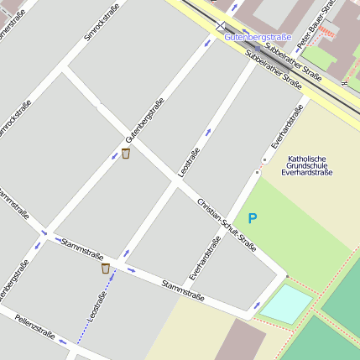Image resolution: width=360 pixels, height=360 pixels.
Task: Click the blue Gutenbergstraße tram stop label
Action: tap(258, 37)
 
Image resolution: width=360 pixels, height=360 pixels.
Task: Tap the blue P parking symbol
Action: tap(252, 218)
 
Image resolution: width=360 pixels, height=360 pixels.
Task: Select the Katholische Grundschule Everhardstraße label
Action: tap(307, 166)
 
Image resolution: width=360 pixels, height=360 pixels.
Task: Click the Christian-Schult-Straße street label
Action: tap(226, 225)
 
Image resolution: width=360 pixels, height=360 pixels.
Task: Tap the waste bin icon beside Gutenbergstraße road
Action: tap(126, 154)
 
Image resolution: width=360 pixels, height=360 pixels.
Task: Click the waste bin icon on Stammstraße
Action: tap(106, 269)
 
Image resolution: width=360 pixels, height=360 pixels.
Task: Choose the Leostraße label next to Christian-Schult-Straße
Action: tap(189, 162)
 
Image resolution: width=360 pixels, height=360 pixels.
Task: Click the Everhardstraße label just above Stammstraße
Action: tap(206, 258)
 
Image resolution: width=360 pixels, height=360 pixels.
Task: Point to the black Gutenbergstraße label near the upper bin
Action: tap(143, 120)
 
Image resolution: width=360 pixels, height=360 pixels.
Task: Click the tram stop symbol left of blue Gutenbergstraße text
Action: tap(221, 27)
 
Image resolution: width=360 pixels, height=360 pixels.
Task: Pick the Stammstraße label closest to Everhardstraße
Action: tap(184, 290)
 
